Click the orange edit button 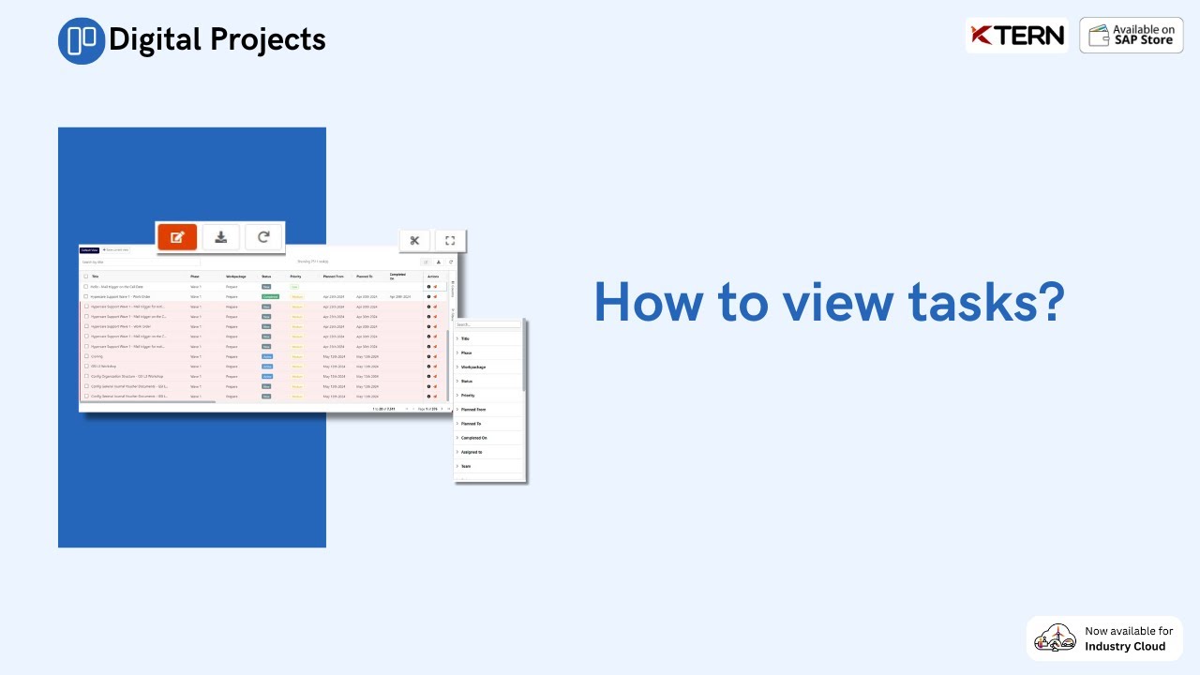click(177, 237)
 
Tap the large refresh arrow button click(263, 237)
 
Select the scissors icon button click(414, 241)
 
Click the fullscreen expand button click(450, 241)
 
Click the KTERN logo click(1017, 36)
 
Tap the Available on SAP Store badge click(1132, 36)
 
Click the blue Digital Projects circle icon click(82, 40)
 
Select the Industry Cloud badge click(1104, 638)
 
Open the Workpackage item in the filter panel click(473, 367)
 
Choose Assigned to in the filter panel click(472, 452)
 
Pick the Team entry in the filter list click(466, 466)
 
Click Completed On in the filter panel click(473, 438)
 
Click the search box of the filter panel click(487, 324)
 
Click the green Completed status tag click(270, 296)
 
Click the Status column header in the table click(266, 277)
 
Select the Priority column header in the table click(295, 277)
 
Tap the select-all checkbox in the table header click(85, 277)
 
